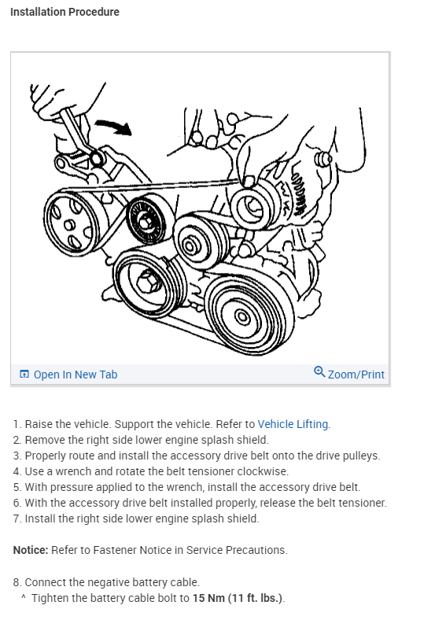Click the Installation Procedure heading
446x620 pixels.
pyautogui.click(x=65, y=12)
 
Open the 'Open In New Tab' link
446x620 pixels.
pyautogui.click(x=76, y=375)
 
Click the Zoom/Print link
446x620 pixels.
pyautogui.click(x=356, y=375)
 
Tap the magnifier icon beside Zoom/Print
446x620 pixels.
pyautogui.click(x=319, y=372)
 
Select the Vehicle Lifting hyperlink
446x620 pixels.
pyautogui.click(x=293, y=424)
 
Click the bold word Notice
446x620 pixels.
pyautogui.click(x=31, y=550)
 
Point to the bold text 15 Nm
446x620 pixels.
pyautogui.click(x=208, y=598)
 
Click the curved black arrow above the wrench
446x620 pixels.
pyautogui.click(x=114, y=126)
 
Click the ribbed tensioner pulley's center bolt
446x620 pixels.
pyautogui.click(x=145, y=222)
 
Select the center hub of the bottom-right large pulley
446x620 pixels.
pyautogui.click(x=242, y=317)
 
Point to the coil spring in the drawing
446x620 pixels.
pyautogui.click(x=299, y=190)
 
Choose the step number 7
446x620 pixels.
pyautogui.click(x=17, y=519)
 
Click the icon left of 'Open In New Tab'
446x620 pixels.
pyautogui.click(x=24, y=374)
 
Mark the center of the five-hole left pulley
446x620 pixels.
pyautogui.click(x=69, y=225)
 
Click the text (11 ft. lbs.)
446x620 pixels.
pyautogui.click(x=256, y=598)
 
